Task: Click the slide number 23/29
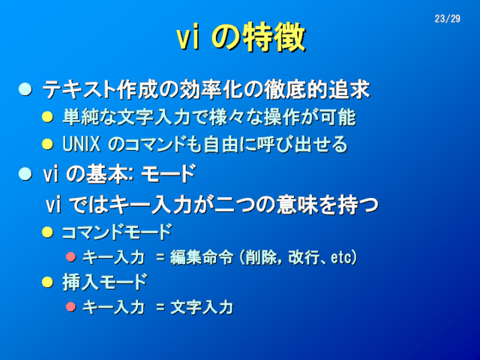[447, 19]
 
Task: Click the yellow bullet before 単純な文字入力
[47, 117]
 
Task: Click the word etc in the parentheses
[340, 257]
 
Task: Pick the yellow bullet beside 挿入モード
[47, 282]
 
